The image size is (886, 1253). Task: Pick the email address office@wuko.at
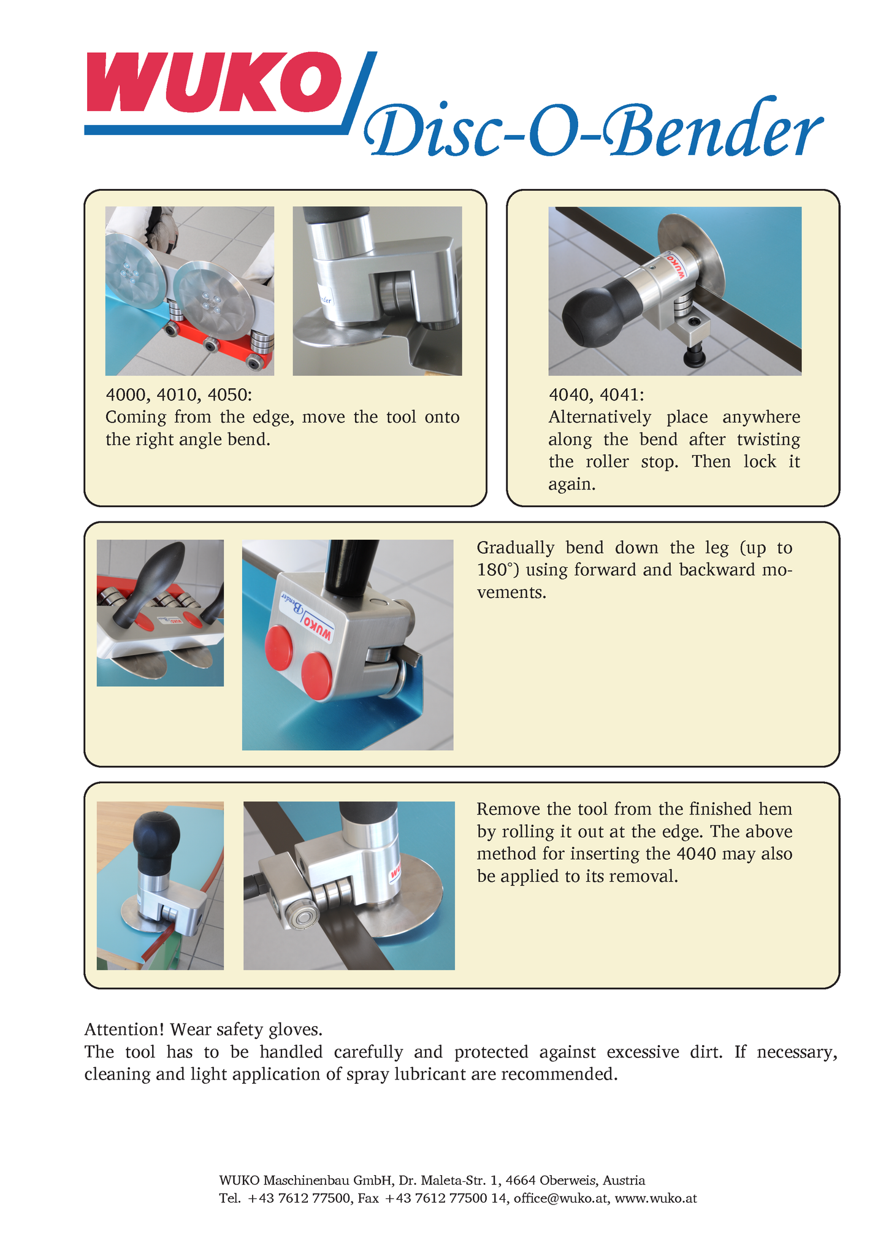click(x=562, y=1198)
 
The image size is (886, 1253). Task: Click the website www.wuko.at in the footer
click(x=655, y=1198)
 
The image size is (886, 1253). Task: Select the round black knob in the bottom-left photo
click(x=158, y=841)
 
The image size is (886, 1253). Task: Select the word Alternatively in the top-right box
click(x=600, y=417)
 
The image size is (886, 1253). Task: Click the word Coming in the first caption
click(x=136, y=418)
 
